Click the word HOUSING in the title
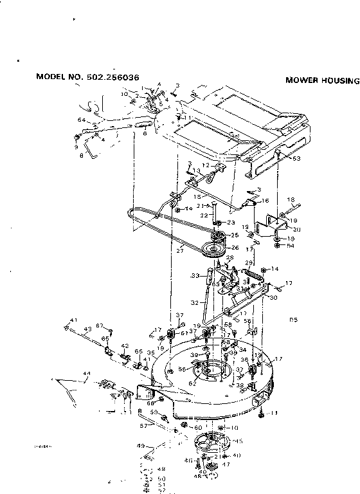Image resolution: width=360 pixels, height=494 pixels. pyautogui.click(x=337, y=81)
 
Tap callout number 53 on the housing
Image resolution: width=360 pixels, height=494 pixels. pyautogui.click(x=296, y=158)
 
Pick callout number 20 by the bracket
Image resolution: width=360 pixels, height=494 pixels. pyautogui.click(x=296, y=228)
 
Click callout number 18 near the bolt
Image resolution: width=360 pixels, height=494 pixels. pyautogui.click(x=290, y=200)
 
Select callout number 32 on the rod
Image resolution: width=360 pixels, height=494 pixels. pyautogui.click(x=194, y=300)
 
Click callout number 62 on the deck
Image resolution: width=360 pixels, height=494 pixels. pyautogui.click(x=192, y=383)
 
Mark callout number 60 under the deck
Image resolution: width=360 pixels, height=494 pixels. pyautogui.click(x=198, y=427)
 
